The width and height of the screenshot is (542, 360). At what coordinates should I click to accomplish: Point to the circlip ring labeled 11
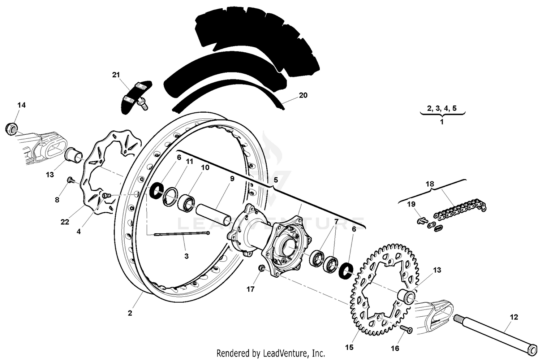(x=171, y=197)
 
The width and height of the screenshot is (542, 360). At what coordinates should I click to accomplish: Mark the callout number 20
(x=303, y=95)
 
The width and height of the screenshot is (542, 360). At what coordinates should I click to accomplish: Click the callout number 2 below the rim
(x=130, y=313)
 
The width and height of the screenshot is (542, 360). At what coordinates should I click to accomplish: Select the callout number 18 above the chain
(x=430, y=184)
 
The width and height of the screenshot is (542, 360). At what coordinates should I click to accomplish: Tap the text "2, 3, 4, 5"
(x=442, y=108)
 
